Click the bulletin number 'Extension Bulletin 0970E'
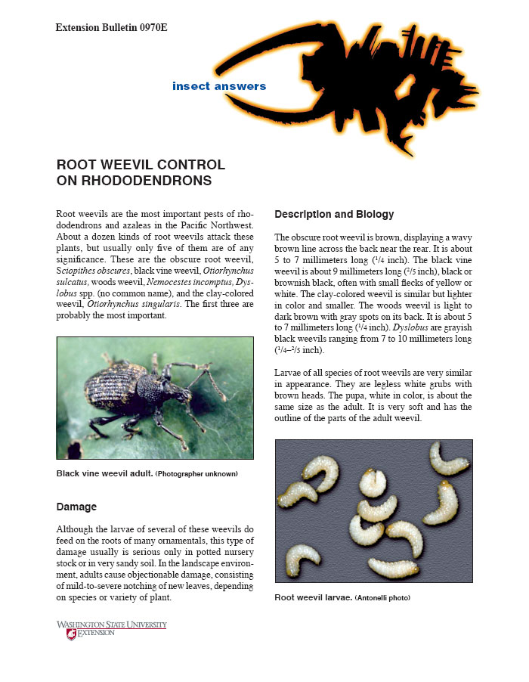(111, 28)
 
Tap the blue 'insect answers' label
(219, 86)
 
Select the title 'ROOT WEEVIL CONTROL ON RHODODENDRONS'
(141, 172)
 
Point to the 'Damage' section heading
(76, 506)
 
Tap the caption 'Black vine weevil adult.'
(104, 473)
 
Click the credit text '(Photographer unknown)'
(196, 474)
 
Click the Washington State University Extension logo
(111, 629)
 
